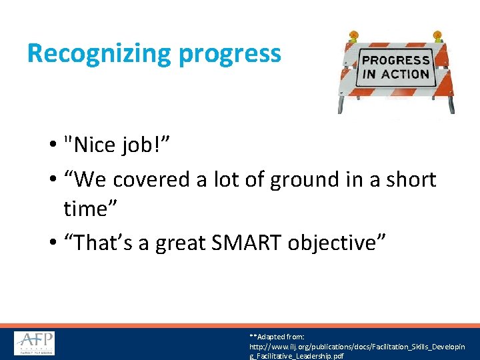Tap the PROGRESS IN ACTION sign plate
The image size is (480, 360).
395,67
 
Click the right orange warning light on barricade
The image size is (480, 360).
438,36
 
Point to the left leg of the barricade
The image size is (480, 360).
342,103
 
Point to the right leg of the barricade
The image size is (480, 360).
451,103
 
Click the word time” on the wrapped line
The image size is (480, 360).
89,209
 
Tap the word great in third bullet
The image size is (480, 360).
178,243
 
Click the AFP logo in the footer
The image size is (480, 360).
35,343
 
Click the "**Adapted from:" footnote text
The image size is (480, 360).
277,337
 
